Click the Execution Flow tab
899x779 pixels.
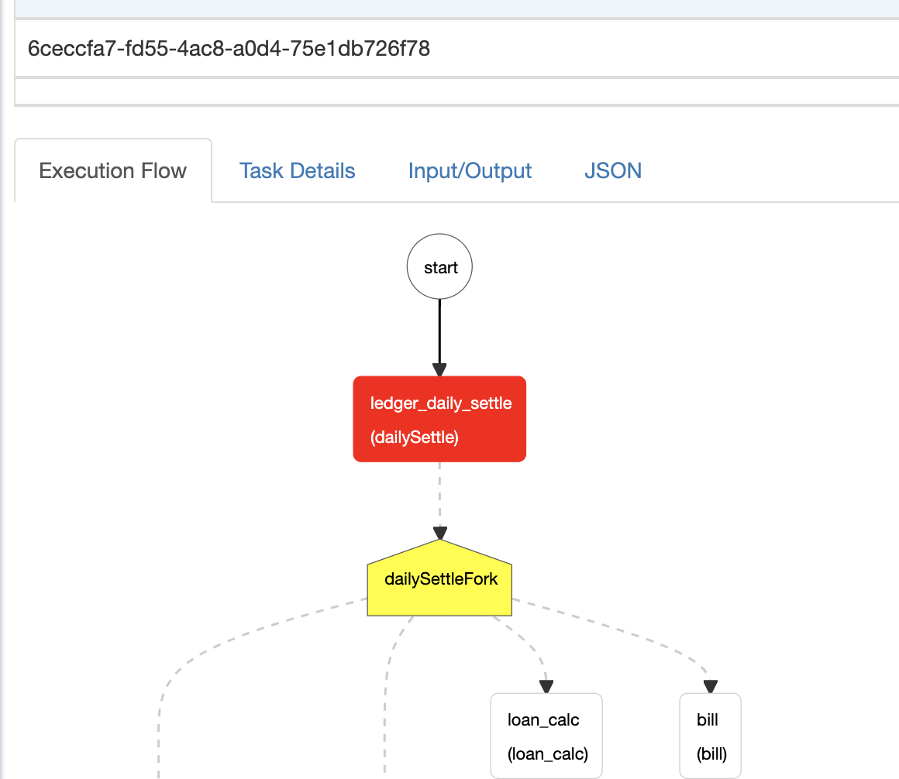pyautogui.click(x=113, y=170)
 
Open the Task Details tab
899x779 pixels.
pyautogui.click(x=297, y=170)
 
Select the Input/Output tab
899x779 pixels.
pyautogui.click(x=470, y=170)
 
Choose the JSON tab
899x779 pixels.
pyautogui.click(x=613, y=170)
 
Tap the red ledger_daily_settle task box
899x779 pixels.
pyautogui.click(x=439, y=419)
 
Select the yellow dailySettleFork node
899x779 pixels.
pyautogui.click(x=439, y=578)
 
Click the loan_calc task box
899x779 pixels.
pyautogui.click(x=546, y=736)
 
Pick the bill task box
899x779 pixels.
pyautogui.click(x=711, y=736)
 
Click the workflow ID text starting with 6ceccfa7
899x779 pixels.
pyautogui.click(x=229, y=49)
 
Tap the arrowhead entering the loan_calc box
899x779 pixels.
pyautogui.click(x=546, y=686)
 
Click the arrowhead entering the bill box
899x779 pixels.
pyautogui.click(x=711, y=686)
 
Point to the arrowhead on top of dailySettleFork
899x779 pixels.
pyautogui.click(x=439, y=534)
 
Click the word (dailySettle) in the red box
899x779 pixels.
pyautogui.click(x=415, y=438)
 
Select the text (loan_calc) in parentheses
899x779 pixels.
pyautogui.click(x=548, y=753)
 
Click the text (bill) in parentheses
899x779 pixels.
pyautogui.click(x=711, y=753)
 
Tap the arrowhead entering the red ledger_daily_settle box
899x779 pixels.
pyautogui.click(x=439, y=370)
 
